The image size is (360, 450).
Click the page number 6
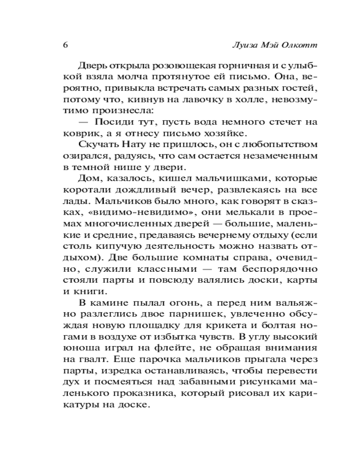click(x=66, y=45)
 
